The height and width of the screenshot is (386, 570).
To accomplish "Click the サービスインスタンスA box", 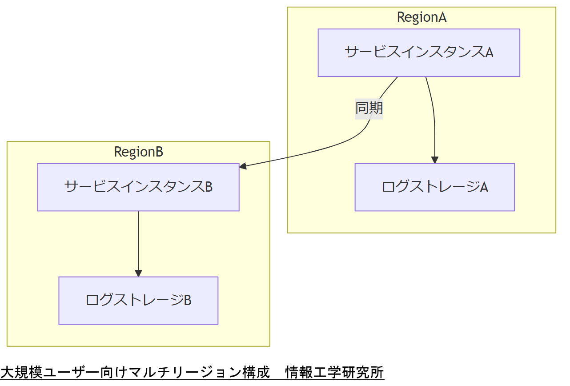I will click(418, 52).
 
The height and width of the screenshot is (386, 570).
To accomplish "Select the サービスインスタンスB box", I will click(138, 187).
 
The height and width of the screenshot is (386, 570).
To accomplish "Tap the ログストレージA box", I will click(434, 187).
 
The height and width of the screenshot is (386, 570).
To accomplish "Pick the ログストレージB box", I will click(138, 300).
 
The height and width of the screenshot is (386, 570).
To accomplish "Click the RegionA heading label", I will click(421, 17).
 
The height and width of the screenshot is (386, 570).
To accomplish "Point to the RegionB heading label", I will click(138, 152).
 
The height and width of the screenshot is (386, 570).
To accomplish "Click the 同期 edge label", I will click(369, 108).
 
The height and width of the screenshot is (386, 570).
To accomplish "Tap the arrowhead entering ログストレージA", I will click(435, 160).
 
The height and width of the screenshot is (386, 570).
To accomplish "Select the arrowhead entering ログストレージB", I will click(138, 273).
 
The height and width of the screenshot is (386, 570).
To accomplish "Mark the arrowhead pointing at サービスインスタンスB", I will click(243, 167).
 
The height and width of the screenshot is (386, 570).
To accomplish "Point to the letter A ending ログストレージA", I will click(484, 187).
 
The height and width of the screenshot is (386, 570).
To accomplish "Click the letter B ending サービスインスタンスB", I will click(208, 187).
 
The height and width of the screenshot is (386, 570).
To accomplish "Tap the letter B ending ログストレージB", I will click(187, 301).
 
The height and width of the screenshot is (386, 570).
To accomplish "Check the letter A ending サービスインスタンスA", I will click(489, 52).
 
